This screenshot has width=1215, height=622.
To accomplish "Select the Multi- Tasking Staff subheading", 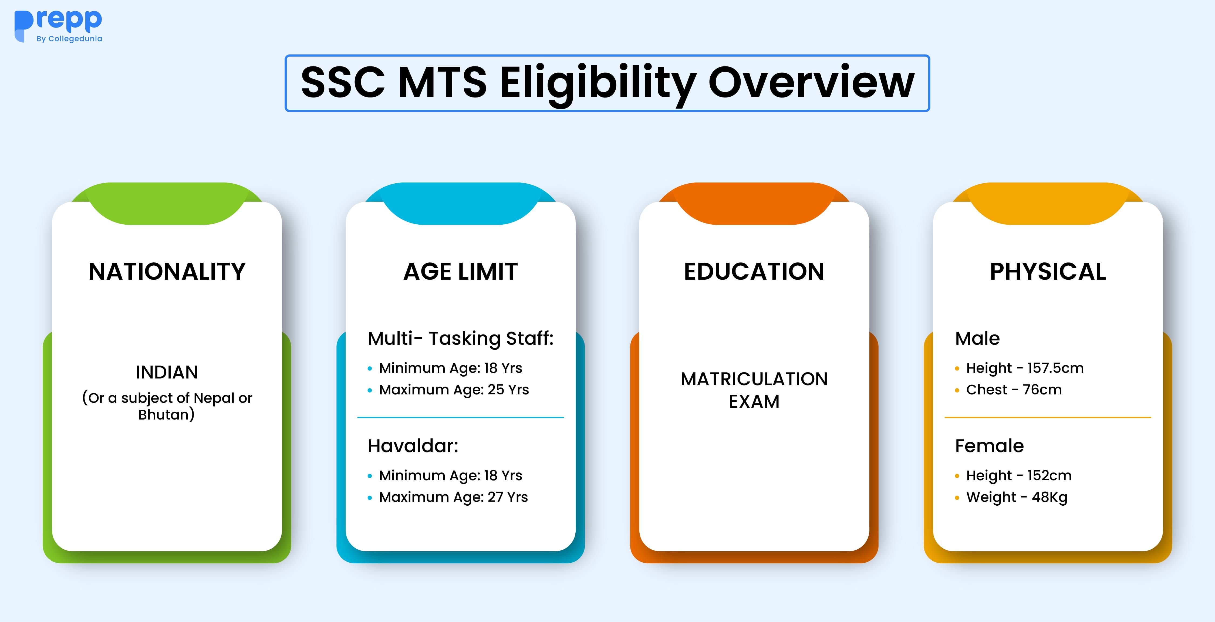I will (460, 339).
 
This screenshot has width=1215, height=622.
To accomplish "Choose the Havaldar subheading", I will (413, 446).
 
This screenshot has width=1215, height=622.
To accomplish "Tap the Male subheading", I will (977, 339).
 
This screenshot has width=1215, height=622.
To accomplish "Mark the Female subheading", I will (989, 446).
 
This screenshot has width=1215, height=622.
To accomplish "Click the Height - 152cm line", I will (1018, 476).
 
